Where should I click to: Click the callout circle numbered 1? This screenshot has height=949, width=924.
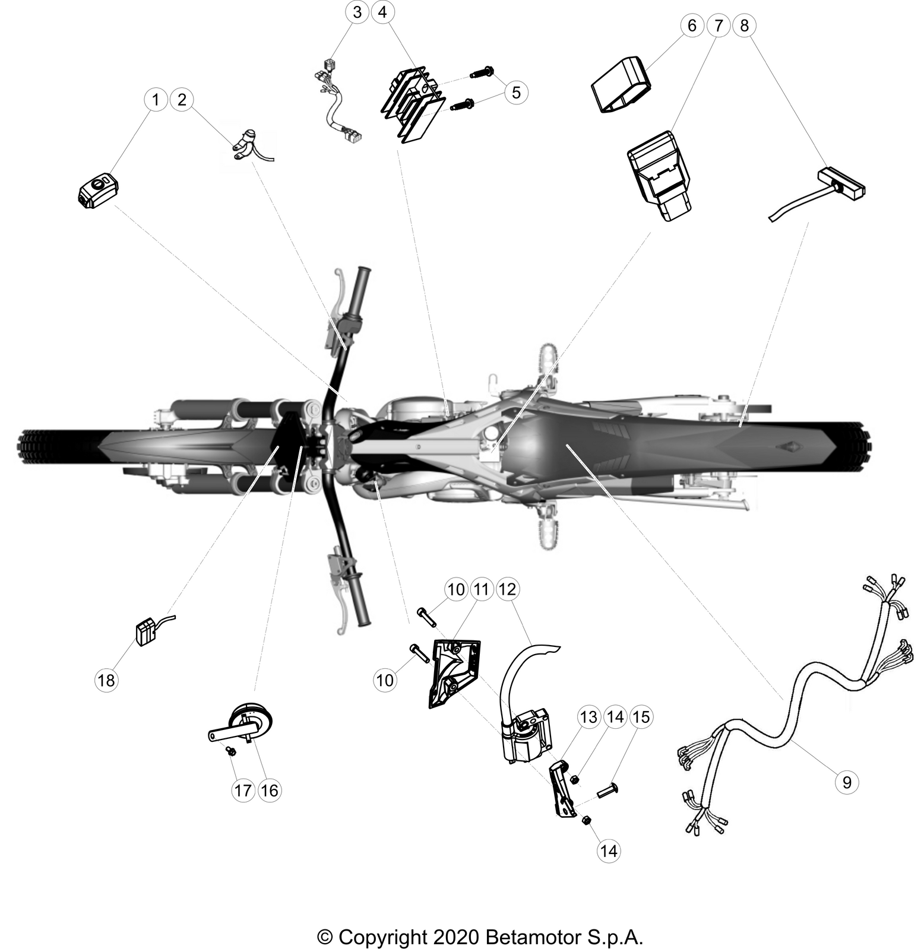pos(156,99)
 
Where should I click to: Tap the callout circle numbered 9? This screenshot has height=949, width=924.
pos(847,782)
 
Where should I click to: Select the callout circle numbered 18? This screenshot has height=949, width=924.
pos(106,680)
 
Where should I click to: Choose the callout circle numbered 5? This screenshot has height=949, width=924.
pos(515,92)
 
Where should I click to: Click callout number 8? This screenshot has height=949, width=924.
pos(745,26)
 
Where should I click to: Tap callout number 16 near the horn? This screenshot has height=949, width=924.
pos(269,790)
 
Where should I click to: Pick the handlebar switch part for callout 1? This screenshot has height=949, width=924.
pos(99,192)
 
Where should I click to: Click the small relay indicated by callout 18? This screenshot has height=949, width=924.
pos(146,632)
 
